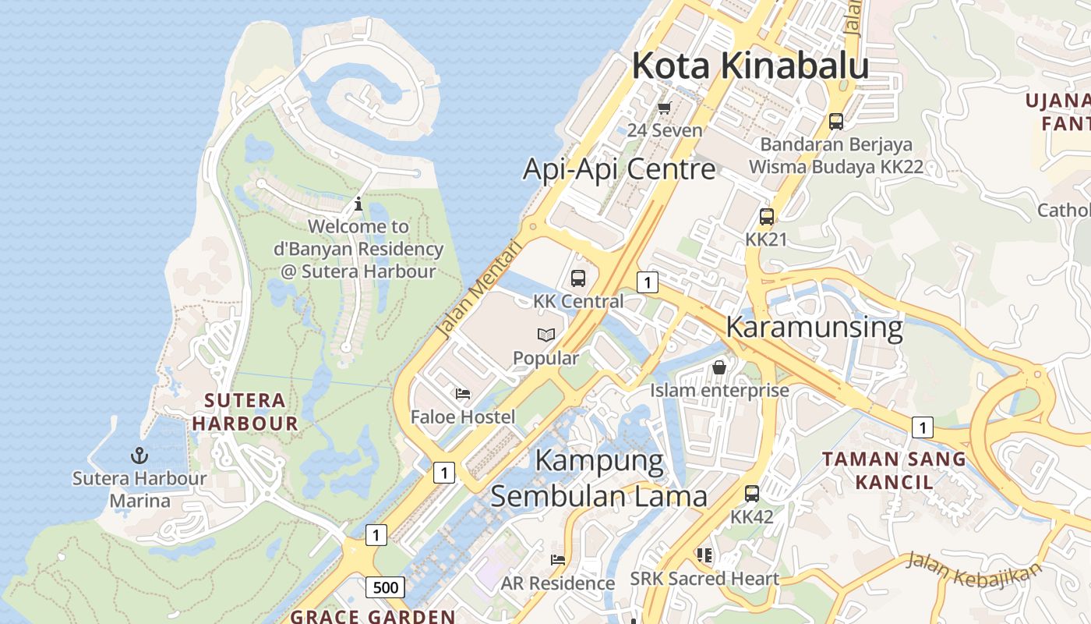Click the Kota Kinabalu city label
(x=750, y=66)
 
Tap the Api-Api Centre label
(x=619, y=168)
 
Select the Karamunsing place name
(x=814, y=327)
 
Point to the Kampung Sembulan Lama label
(x=599, y=478)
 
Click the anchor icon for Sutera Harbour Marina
(x=139, y=455)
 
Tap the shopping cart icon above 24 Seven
(x=665, y=108)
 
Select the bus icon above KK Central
(x=577, y=278)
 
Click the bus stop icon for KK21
(x=767, y=217)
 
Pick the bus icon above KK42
(x=752, y=493)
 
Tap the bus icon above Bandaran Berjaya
(x=836, y=122)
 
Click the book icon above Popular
(x=546, y=335)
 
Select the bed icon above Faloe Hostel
(x=463, y=394)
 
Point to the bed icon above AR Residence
(x=558, y=559)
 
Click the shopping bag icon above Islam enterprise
(x=719, y=367)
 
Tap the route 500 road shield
(x=385, y=587)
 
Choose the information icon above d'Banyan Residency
(x=358, y=204)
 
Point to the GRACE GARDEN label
(x=372, y=616)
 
